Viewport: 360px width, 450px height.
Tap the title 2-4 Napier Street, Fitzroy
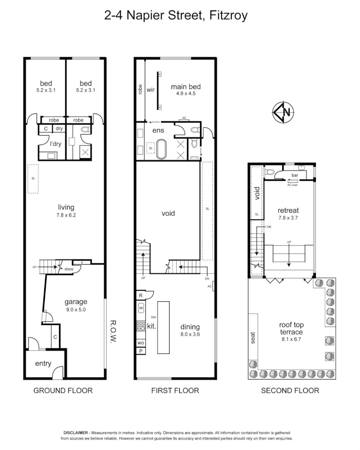click(176, 16)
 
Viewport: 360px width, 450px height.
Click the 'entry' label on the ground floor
click(43, 363)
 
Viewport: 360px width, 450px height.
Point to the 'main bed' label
click(186, 87)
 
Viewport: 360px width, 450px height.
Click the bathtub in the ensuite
click(161, 150)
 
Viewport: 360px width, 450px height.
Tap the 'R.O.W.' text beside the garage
click(112, 332)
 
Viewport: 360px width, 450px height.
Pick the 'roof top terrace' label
click(291, 328)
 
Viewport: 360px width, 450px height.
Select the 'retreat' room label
click(288, 210)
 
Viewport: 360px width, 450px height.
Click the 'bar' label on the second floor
click(295, 175)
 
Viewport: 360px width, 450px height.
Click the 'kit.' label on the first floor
click(151, 327)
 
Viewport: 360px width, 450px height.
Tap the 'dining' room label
click(190, 327)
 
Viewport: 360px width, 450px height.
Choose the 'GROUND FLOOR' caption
click(63, 390)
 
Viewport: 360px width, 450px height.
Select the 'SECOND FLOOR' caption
click(290, 390)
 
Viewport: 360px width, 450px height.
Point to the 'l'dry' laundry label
click(56, 144)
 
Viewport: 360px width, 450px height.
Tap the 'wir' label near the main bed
click(150, 89)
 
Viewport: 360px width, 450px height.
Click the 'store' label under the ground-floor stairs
click(69, 269)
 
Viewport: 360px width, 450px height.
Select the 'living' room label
click(66, 207)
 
